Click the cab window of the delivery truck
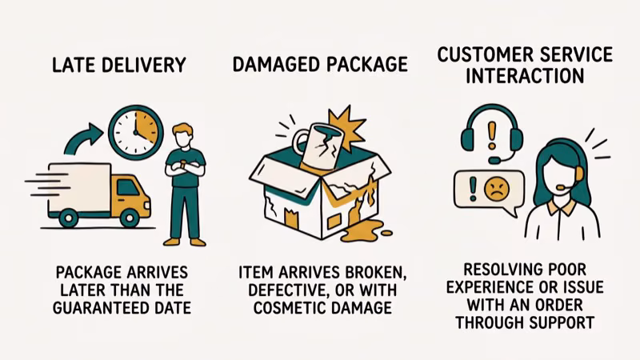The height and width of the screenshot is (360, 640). [128, 188]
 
